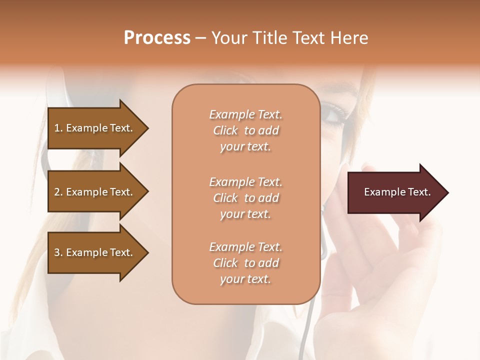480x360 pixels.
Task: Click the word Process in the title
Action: [157, 38]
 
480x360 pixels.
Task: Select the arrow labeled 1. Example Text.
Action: [95, 128]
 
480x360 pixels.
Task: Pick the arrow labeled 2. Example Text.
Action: [95, 192]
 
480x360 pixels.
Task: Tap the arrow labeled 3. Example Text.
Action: [95, 252]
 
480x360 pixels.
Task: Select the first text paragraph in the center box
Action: [245, 130]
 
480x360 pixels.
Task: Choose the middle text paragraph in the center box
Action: [245, 198]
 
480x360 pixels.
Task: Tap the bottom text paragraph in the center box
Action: [245, 263]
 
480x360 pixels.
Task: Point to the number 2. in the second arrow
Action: [58, 192]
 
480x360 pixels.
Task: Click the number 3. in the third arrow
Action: [58, 252]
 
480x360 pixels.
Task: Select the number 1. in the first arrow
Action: [58, 128]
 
